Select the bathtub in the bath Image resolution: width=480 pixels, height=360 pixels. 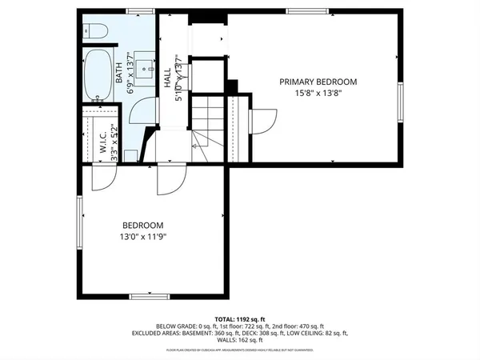(x=99, y=74)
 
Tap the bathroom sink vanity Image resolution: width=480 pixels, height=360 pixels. (x=144, y=67)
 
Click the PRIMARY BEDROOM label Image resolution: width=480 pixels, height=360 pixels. (x=318, y=82)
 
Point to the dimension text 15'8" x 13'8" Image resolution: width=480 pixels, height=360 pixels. (x=318, y=93)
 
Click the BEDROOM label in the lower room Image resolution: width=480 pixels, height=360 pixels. (x=143, y=226)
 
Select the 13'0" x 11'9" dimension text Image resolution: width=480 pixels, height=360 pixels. (x=143, y=237)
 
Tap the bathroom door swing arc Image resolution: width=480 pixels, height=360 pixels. (x=142, y=111)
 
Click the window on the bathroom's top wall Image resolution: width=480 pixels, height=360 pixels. (x=140, y=11)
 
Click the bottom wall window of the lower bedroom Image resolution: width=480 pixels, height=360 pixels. (x=150, y=297)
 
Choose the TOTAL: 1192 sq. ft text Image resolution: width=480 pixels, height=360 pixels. (x=239, y=319)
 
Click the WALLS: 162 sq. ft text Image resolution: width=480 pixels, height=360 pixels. (x=239, y=339)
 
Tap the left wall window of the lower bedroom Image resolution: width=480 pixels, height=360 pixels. (x=78, y=219)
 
